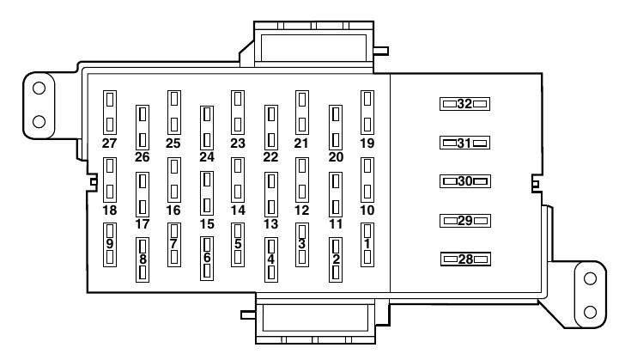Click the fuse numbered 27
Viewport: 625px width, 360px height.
pyautogui.click(x=109, y=111)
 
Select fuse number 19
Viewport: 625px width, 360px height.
pyautogui.click(x=367, y=111)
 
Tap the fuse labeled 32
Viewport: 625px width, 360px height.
pyautogui.click(x=464, y=104)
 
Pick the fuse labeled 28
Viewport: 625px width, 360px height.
pyautogui.click(x=464, y=259)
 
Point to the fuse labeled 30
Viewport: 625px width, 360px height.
pyautogui.click(x=464, y=181)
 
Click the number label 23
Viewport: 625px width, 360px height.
pyautogui.click(x=238, y=143)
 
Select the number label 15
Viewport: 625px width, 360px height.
pyautogui.click(x=206, y=223)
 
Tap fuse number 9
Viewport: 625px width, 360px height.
pyautogui.click(x=109, y=245)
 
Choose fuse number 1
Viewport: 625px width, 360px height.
pyautogui.click(x=367, y=245)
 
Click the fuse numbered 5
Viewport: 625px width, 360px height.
pyautogui.click(x=238, y=245)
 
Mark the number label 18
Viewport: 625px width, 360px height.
pyautogui.click(x=109, y=210)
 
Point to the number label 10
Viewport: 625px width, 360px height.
pyautogui.click(x=367, y=210)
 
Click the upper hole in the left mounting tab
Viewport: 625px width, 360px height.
pyautogui.click(x=39, y=87)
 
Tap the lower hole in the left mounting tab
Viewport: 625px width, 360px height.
pyautogui.click(x=39, y=120)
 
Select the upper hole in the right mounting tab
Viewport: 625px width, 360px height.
pyautogui.click(x=590, y=278)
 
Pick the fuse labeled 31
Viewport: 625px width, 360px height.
pyautogui.click(x=464, y=143)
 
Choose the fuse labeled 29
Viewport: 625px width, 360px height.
pyautogui.click(x=464, y=221)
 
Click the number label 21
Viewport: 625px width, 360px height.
pyautogui.click(x=301, y=143)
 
